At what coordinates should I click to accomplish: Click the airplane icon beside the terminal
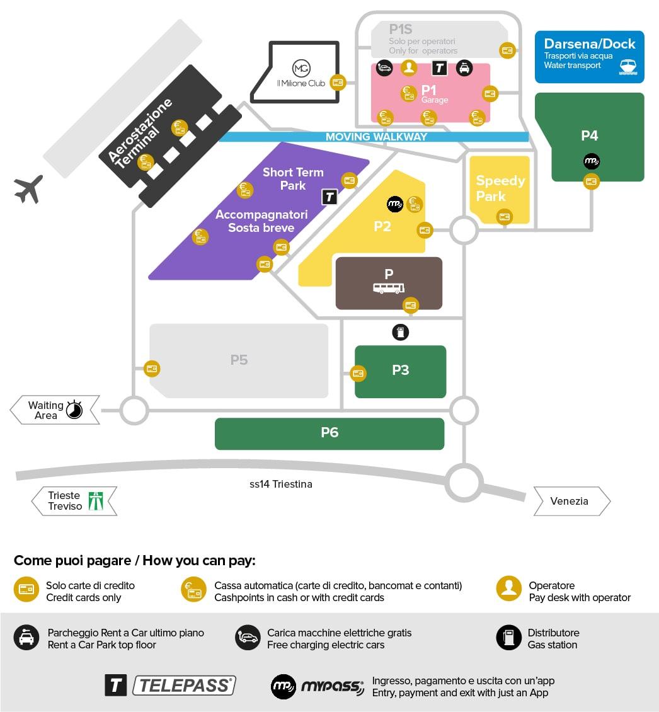pyautogui.click(x=28, y=189)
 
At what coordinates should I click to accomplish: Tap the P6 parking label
pyautogui.click(x=329, y=432)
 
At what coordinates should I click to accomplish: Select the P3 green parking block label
pyautogui.click(x=401, y=370)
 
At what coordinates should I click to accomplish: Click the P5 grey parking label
pyautogui.click(x=239, y=360)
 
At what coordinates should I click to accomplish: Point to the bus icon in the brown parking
pyautogui.click(x=389, y=288)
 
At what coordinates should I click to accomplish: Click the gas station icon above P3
pyautogui.click(x=401, y=333)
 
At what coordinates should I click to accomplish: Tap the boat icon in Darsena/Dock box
pyautogui.click(x=628, y=67)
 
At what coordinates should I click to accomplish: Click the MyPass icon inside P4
pyautogui.click(x=592, y=161)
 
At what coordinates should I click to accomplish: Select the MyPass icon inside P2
pyautogui.click(x=395, y=204)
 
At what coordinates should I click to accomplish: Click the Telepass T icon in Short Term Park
pyautogui.click(x=329, y=197)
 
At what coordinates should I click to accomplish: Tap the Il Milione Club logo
pyautogui.click(x=301, y=68)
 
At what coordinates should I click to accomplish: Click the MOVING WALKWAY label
pyautogui.click(x=377, y=137)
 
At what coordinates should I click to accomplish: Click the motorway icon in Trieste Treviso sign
pyautogui.click(x=96, y=501)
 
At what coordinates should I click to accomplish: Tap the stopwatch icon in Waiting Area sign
pyautogui.click(x=74, y=410)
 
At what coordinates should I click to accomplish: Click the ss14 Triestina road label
pyautogui.click(x=281, y=484)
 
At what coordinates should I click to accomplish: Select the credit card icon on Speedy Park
pyautogui.click(x=505, y=217)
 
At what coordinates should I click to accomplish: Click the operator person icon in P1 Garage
pyautogui.click(x=409, y=67)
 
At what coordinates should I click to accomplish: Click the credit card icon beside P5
pyautogui.click(x=152, y=369)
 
